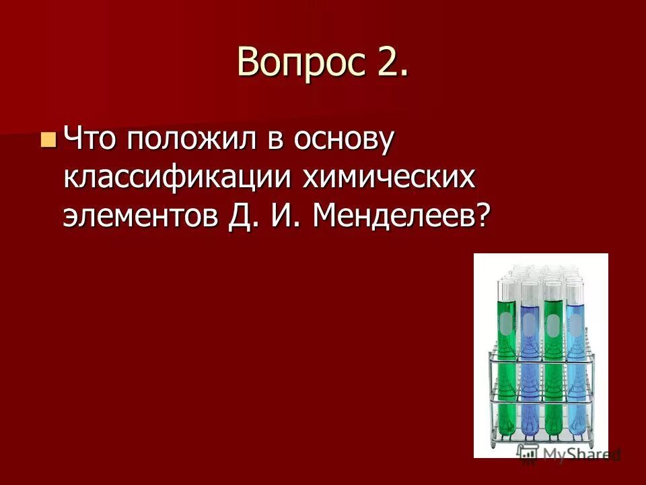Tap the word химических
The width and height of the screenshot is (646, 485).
388,178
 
